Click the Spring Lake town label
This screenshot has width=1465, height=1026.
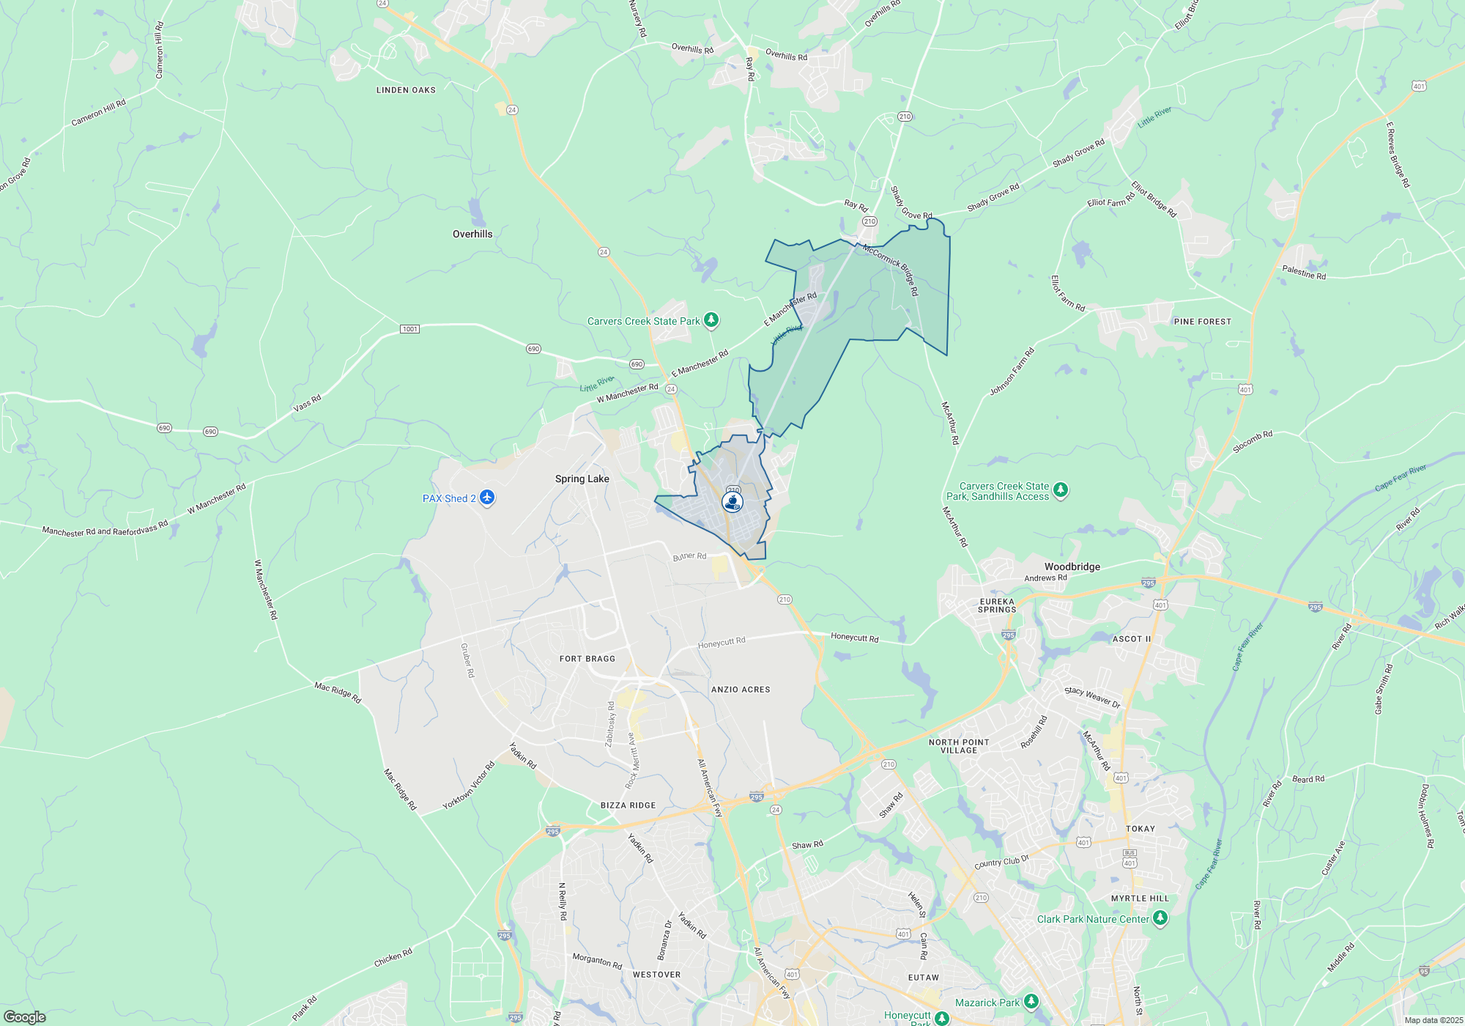point(582,479)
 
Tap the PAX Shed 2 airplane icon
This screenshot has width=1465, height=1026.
point(487,498)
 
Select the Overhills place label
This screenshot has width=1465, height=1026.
point(472,234)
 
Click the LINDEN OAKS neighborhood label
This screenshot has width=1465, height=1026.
point(406,90)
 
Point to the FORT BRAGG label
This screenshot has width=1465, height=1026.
point(587,659)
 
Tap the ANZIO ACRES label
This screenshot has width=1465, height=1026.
point(741,690)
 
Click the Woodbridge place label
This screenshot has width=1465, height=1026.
point(1072,566)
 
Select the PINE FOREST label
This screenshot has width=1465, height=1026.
point(1203,322)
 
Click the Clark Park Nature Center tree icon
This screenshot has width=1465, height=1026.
point(1160,918)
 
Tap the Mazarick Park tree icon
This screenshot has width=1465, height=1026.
point(1031,1001)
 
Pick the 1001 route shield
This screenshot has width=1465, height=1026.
point(410,329)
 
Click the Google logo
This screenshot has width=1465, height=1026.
point(25,1017)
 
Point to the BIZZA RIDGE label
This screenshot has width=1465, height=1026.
point(628,805)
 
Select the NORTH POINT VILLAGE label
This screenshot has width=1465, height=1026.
point(959,746)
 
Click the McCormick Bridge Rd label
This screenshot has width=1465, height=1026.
point(891,269)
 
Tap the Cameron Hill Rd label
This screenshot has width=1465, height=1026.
point(99,113)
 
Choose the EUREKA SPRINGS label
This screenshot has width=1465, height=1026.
point(997,605)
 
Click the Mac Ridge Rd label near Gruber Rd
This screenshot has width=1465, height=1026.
point(338,692)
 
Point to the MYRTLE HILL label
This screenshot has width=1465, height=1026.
point(1140,898)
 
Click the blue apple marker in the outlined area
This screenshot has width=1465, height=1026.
point(732,501)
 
